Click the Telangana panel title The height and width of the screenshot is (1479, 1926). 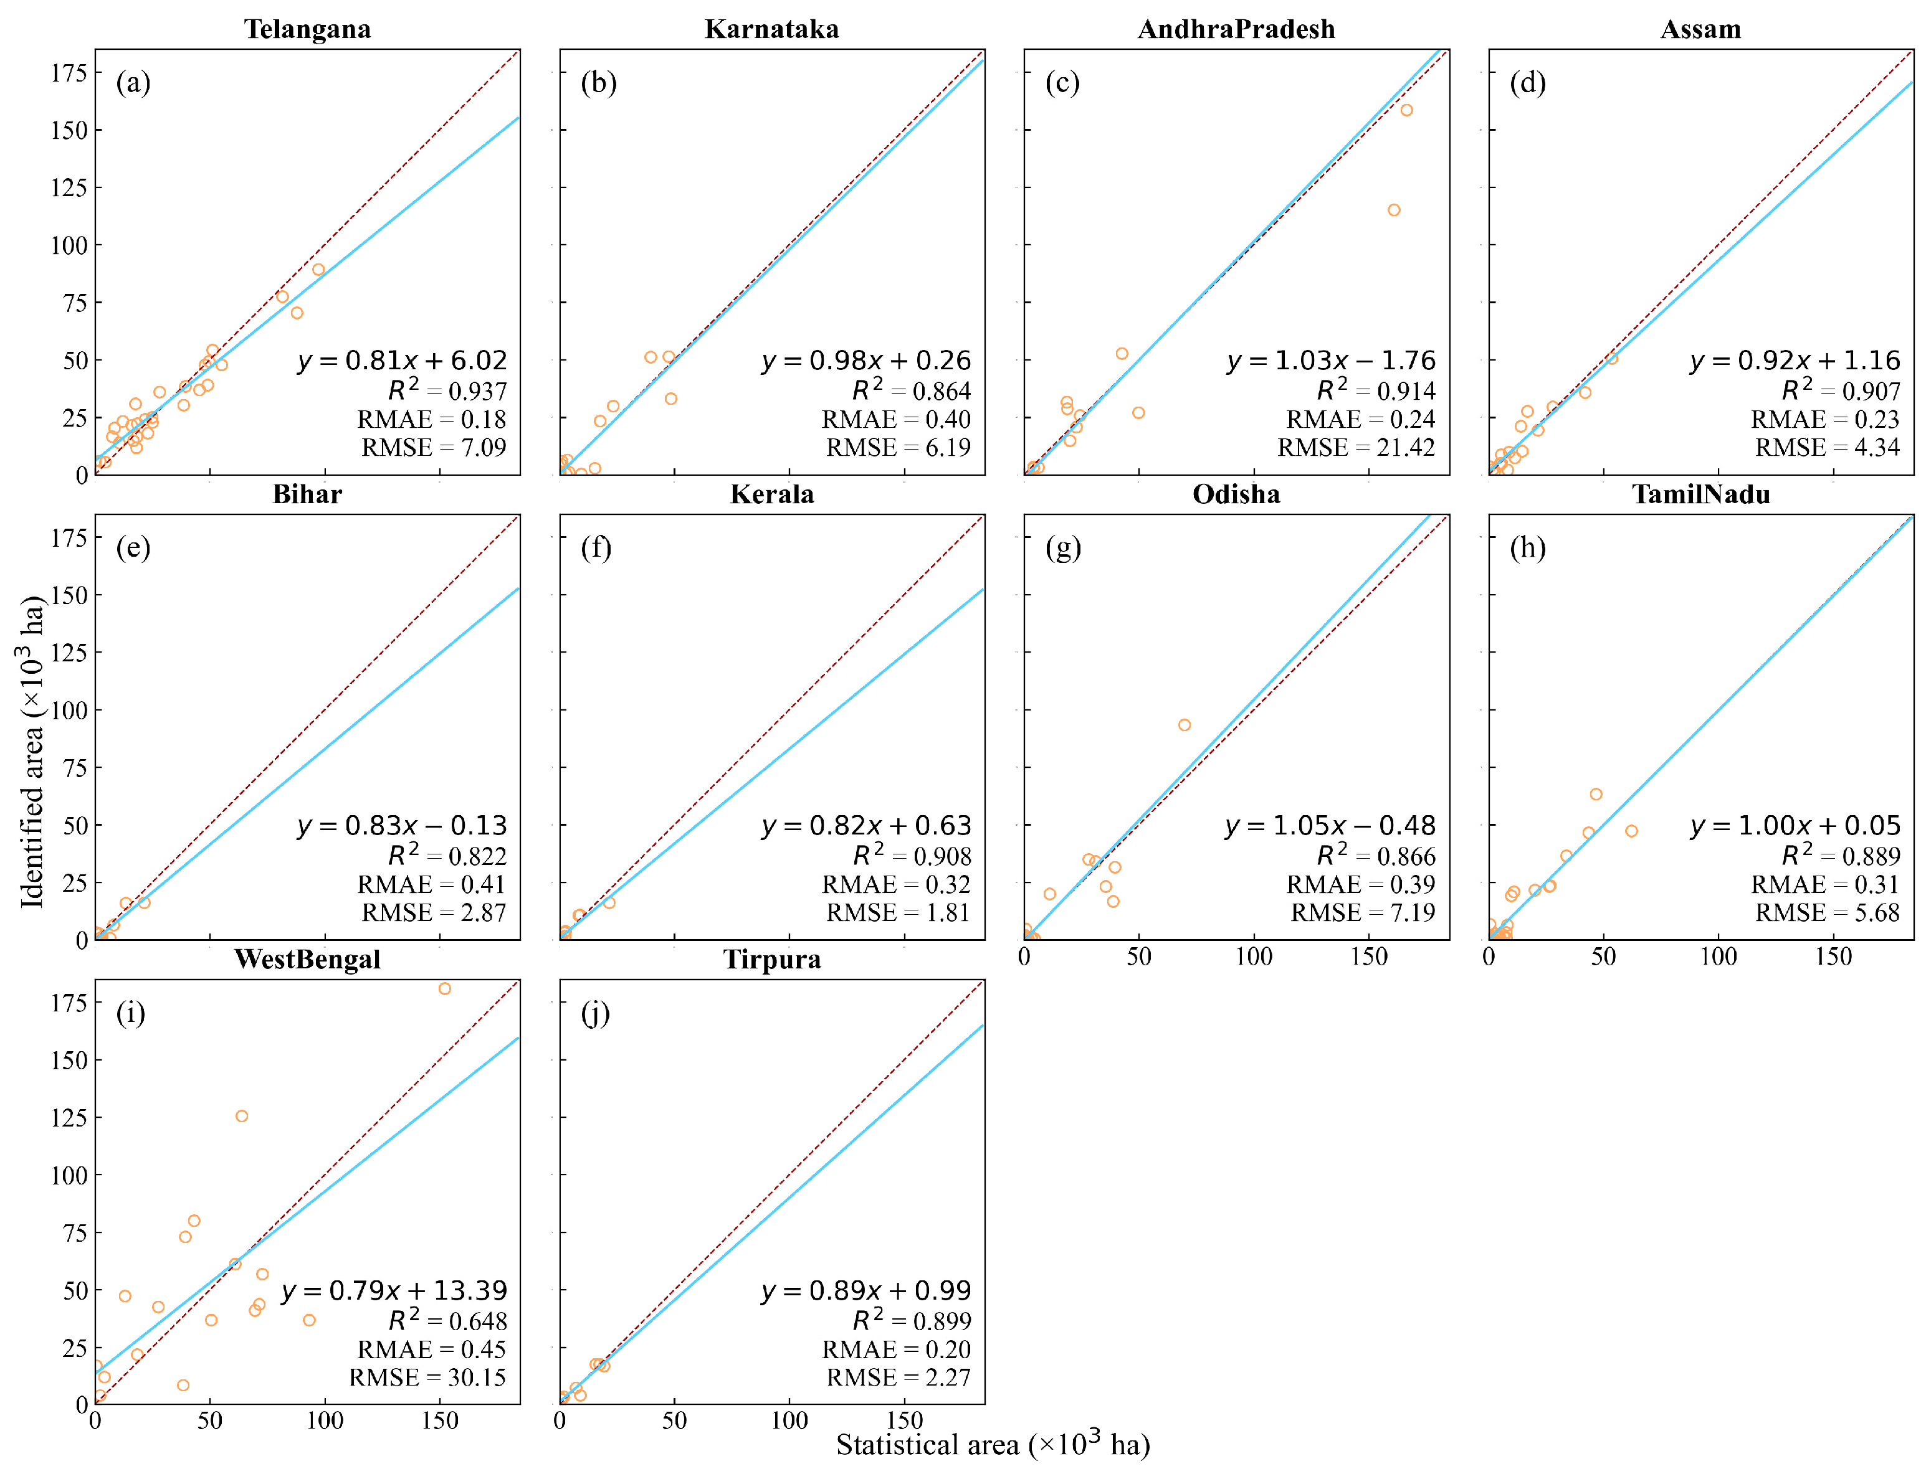307,29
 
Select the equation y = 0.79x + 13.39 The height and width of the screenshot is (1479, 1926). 394,1290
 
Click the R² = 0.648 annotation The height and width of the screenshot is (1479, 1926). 447,1321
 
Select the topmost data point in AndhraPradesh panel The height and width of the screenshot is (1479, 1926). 1406,110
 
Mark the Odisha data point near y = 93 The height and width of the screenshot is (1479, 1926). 1184,724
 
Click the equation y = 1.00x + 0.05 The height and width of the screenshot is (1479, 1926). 1794,826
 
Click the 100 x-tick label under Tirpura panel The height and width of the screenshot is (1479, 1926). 789,1420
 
